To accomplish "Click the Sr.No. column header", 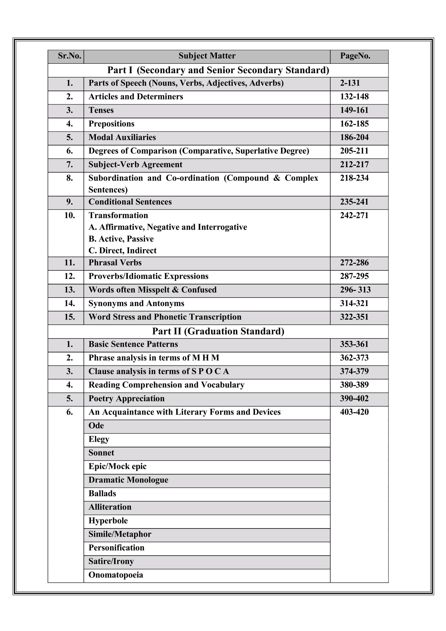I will coord(69,56).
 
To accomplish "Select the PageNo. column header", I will coord(355,56).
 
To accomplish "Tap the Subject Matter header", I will coord(207,56).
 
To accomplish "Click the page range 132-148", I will coord(354,97).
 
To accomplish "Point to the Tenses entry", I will coord(101,110).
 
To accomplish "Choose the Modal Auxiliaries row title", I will coord(122,137).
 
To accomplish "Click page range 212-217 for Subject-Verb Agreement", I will coord(354,164).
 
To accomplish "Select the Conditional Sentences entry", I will coord(130,202).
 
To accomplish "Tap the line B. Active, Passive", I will coord(121,239).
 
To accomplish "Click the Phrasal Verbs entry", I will coord(115,262).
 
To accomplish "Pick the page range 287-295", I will coord(354,276).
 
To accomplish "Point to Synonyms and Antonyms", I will coord(136,303).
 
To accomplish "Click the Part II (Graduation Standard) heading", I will coord(218,331).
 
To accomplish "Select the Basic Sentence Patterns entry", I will coord(133,344).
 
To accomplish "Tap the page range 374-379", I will coord(354,371).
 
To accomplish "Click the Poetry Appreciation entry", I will coord(126,398).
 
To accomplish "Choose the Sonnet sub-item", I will coord(101,453).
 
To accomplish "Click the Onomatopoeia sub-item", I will coord(116,575).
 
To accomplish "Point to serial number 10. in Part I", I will coord(69,215).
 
